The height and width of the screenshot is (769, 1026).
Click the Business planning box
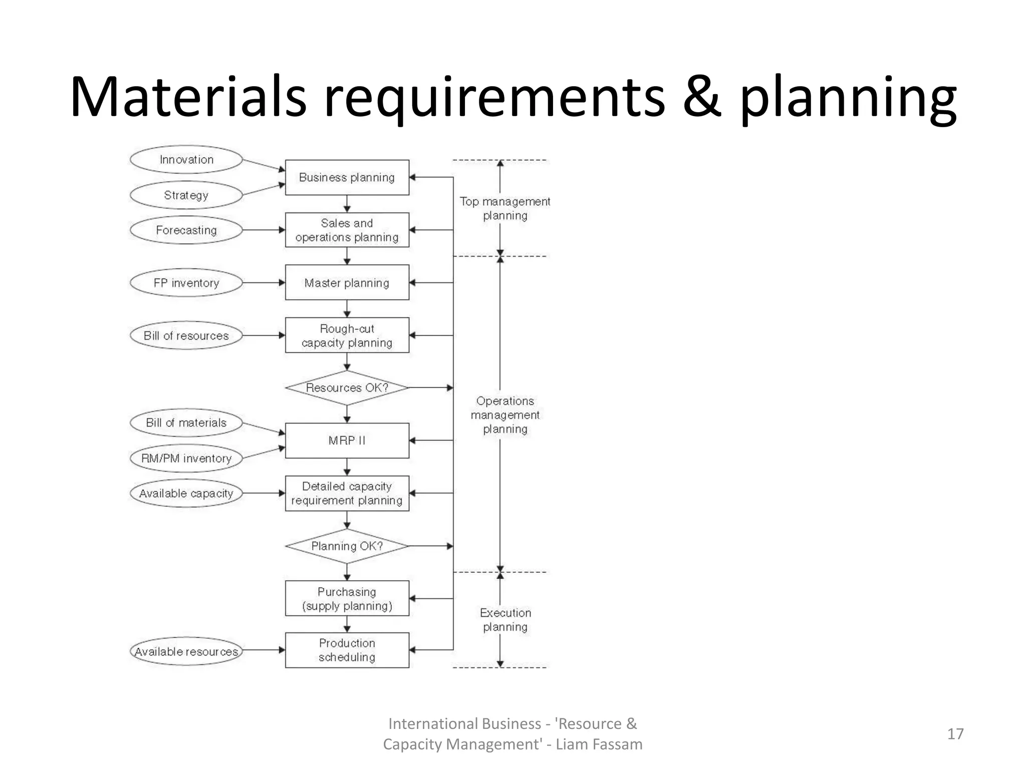[x=347, y=177]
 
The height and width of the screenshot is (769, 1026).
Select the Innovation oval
[x=186, y=160]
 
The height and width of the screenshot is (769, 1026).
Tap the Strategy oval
[x=186, y=195]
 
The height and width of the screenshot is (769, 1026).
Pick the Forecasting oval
[x=186, y=230]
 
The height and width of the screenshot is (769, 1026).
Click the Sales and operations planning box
[x=347, y=230]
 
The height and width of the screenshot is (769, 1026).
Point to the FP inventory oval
[x=186, y=283]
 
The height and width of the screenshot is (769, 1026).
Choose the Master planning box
[x=347, y=283]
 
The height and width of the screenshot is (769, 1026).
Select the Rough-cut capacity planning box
[x=347, y=335]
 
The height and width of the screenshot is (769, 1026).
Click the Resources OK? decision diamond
[x=347, y=388]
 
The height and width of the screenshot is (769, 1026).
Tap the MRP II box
[x=347, y=441]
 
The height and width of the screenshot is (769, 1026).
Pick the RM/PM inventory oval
[x=186, y=458]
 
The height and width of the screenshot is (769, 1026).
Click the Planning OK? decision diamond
[x=347, y=546]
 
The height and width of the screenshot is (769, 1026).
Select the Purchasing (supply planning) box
[x=347, y=599]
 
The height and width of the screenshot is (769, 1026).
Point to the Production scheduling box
[x=347, y=650]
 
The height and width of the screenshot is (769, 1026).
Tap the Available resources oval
[x=186, y=651]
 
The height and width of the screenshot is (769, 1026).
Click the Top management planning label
[x=504, y=208]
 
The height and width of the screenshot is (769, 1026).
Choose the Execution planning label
[x=505, y=620]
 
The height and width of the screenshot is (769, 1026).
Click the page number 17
[x=955, y=734]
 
